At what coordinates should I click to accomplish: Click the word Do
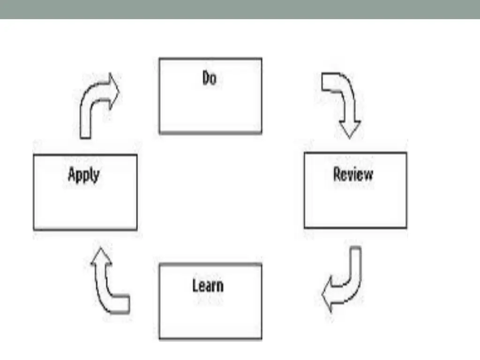coord(210,78)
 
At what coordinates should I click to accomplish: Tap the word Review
coord(353,175)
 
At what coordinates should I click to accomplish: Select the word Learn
coord(208,286)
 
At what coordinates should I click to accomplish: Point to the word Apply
coord(84,175)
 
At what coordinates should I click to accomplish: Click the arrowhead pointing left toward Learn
coord(329,295)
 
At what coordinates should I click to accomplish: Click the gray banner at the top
coord(240,9)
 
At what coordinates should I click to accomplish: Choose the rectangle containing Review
coord(355,206)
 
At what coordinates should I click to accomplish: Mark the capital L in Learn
coord(195,285)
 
